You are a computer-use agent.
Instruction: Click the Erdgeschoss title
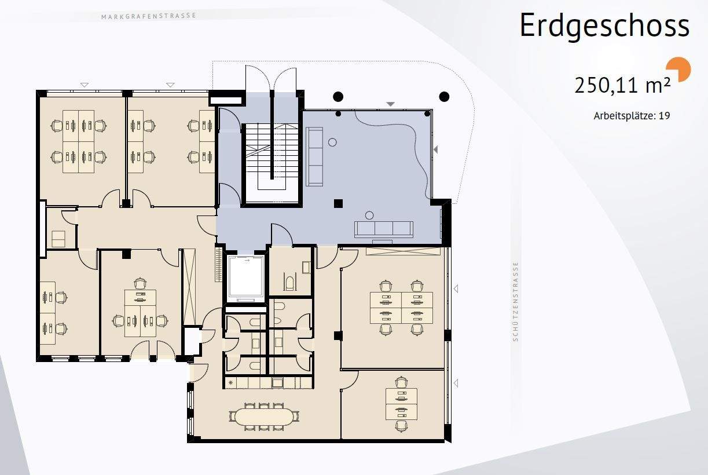tap(604, 25)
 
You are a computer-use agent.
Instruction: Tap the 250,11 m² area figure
tap(622, 86)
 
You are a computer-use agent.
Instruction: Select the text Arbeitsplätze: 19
tap(632, 116)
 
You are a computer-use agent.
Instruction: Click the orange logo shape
tap(679, 69)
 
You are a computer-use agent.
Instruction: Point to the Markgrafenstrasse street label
tap(149, 16)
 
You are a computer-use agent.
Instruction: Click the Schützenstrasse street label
tap(515, 301)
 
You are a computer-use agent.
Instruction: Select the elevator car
tap(245, 279)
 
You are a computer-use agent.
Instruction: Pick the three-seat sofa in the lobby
tap(384, 229)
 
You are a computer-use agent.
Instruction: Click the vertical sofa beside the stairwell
tap(314, 156)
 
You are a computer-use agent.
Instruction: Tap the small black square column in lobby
tap(338, 203)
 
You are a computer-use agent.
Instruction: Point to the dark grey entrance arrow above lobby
tap(391, 104)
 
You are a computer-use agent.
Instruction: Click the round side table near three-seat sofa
tap(369, 215)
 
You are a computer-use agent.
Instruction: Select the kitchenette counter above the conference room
tap(269, 383)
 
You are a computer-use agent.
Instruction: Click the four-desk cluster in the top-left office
tap(78, 141)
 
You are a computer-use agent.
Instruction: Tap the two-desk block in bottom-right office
tap(401, 404)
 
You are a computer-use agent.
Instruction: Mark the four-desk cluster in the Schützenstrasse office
tap(401, 308)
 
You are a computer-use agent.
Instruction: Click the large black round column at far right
tap(444, 97)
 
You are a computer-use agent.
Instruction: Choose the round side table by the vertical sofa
tap(332, 142)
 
